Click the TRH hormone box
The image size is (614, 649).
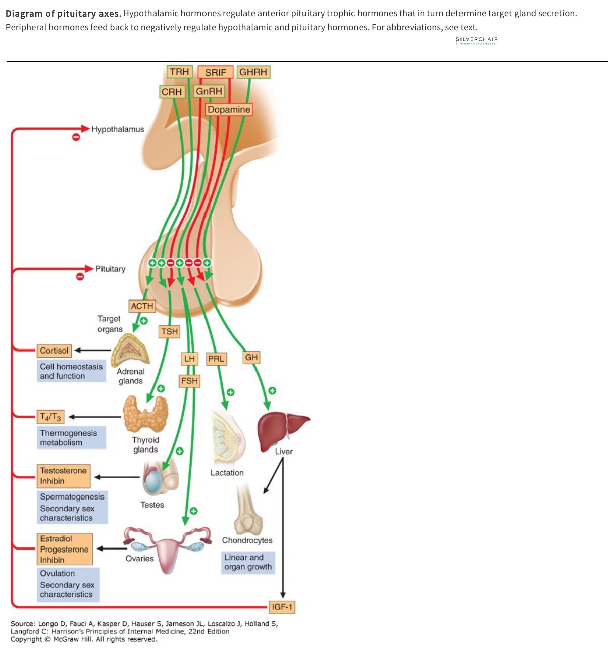[x=179, y=72]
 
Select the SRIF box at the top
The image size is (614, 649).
[x=215, y=72]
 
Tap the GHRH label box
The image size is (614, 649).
[x=253, y=72]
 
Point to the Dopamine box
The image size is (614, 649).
[x=228, y=109]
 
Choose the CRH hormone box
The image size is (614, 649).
[x=171, y=91]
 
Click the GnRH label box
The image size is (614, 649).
[x=209, y=91]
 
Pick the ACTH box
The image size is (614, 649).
[x=142, y=306]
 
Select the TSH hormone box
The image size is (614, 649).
[x=169, y=331]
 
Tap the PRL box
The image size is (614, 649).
[x=216, y=358]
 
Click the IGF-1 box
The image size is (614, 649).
[x=281, y=606]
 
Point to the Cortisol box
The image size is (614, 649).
[x=54, y=350]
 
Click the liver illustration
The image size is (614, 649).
[x=283, y=430]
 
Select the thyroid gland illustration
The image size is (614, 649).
[x=145, y=413]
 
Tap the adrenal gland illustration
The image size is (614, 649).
[x=130, y=350]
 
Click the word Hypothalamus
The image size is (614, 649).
[x=118, y=129]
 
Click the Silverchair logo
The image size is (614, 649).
[x=476, y=40]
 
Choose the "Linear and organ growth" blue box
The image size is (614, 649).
[x=247, y=562]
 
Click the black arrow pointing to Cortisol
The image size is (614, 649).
[x=92, y=350]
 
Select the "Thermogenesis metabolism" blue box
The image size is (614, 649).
[x=71, y=437]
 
